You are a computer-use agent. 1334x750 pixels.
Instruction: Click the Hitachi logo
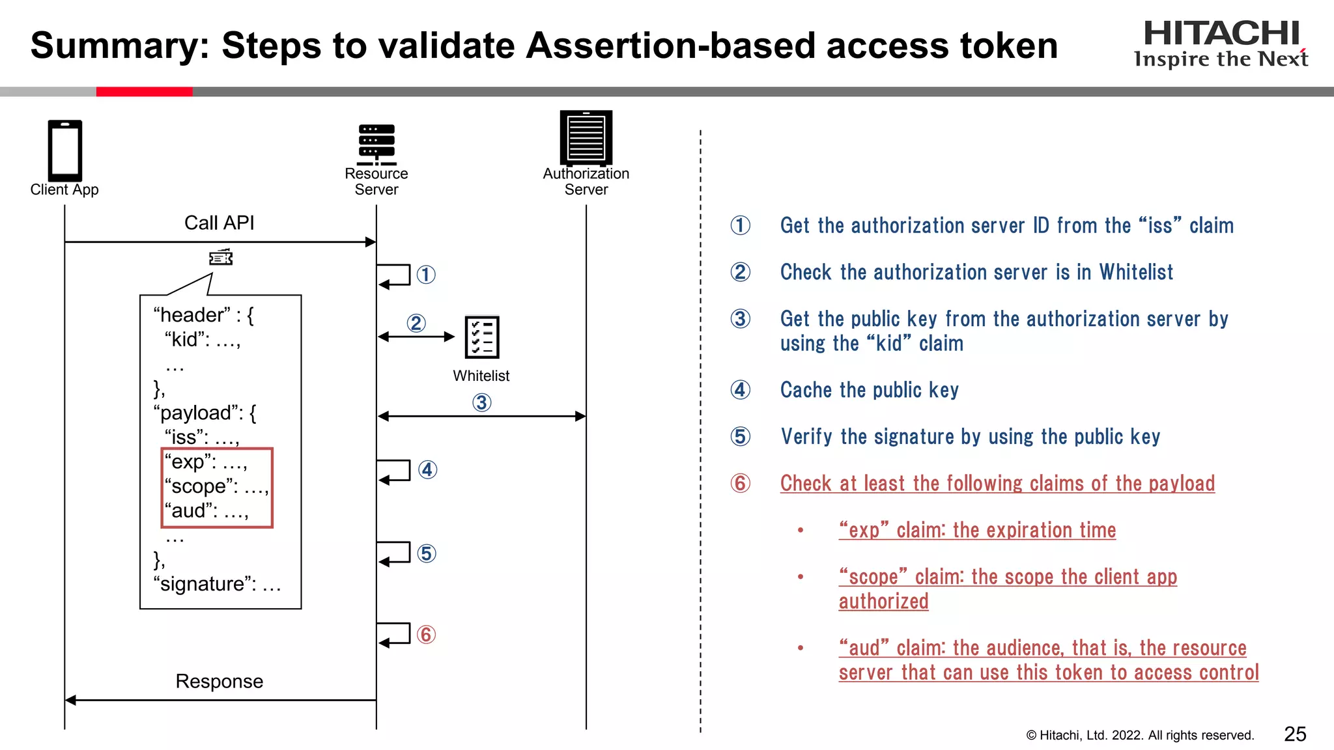1221,43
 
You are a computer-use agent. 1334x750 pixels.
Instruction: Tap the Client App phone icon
64,150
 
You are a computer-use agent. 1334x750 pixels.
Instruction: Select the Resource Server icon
376,145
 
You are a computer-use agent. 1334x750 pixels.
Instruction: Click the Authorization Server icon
586,137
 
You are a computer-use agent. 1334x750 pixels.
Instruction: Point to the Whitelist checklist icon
482,337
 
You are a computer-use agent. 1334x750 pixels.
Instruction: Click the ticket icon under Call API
221,258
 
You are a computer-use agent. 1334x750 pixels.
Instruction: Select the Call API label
219,223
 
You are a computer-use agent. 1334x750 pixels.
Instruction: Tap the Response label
219,682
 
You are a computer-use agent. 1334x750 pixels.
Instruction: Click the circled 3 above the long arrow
481,402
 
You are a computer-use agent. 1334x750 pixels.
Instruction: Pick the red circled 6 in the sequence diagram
426,634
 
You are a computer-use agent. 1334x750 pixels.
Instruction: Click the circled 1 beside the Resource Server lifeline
426,275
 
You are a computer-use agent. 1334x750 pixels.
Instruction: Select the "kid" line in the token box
203,340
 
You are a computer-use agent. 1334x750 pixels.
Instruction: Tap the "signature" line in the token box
217,584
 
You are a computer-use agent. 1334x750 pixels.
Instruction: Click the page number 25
1294,734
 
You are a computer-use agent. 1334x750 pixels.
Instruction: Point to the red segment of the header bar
144,92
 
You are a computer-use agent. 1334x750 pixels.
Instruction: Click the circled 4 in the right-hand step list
740,390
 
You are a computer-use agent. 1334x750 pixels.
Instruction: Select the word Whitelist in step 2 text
1136,272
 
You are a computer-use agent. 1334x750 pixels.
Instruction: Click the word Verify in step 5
806,437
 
